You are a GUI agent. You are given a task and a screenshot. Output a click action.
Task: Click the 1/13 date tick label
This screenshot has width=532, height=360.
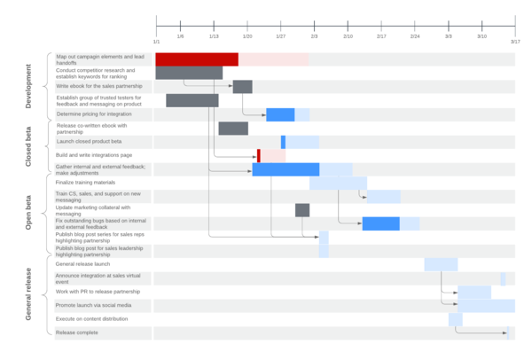[x=214, y=36]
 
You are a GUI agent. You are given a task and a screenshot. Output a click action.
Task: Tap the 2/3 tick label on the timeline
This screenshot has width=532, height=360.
[x=315, y=36]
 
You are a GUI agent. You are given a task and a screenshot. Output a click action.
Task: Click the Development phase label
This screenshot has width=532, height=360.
[x=28, y=87]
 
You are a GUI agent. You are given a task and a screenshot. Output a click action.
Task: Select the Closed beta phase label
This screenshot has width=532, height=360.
[x=28, y=147]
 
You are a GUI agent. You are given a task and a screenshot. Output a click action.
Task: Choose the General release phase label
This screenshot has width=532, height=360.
[x=28, y=293]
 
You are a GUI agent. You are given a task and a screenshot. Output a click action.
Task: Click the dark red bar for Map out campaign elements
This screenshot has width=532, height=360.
[x=197, y=59]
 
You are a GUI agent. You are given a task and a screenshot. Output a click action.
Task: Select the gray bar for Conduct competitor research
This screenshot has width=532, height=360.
[x=189, y=73]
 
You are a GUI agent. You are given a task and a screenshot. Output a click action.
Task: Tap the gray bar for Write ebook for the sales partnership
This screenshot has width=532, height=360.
[x=242, y=87]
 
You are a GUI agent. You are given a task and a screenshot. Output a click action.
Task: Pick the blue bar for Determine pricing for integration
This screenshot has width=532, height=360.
[x=280, y=114]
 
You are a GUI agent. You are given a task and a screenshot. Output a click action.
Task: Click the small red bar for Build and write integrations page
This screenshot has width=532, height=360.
[x=259, y=156]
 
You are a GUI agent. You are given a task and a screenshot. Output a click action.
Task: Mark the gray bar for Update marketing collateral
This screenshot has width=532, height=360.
[x=302, y=210]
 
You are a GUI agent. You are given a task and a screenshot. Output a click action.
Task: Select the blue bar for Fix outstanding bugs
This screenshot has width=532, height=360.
[x=381, y=223]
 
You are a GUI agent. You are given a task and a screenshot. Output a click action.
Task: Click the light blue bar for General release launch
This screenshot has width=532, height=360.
[x=441, y=264]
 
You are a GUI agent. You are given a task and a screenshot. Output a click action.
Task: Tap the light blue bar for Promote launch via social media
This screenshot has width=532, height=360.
[x=486, y=306]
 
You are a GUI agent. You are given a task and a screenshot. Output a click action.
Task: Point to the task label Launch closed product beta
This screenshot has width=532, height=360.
[x=89, y=141]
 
